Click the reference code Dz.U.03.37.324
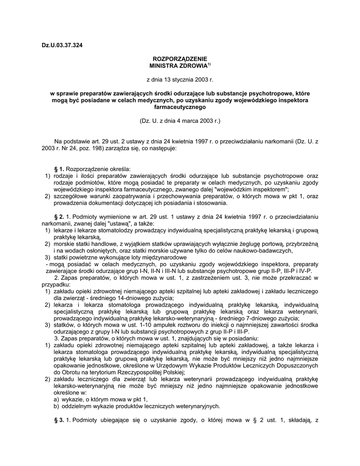(62, 45)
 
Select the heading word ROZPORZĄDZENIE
(180, 59)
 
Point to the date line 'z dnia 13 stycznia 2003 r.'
(180, 79)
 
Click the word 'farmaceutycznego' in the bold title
(180, 107)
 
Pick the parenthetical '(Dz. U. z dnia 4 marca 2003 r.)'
(180, 122)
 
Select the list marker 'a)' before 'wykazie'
(57, 399)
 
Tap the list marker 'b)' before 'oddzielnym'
(57, 406)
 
